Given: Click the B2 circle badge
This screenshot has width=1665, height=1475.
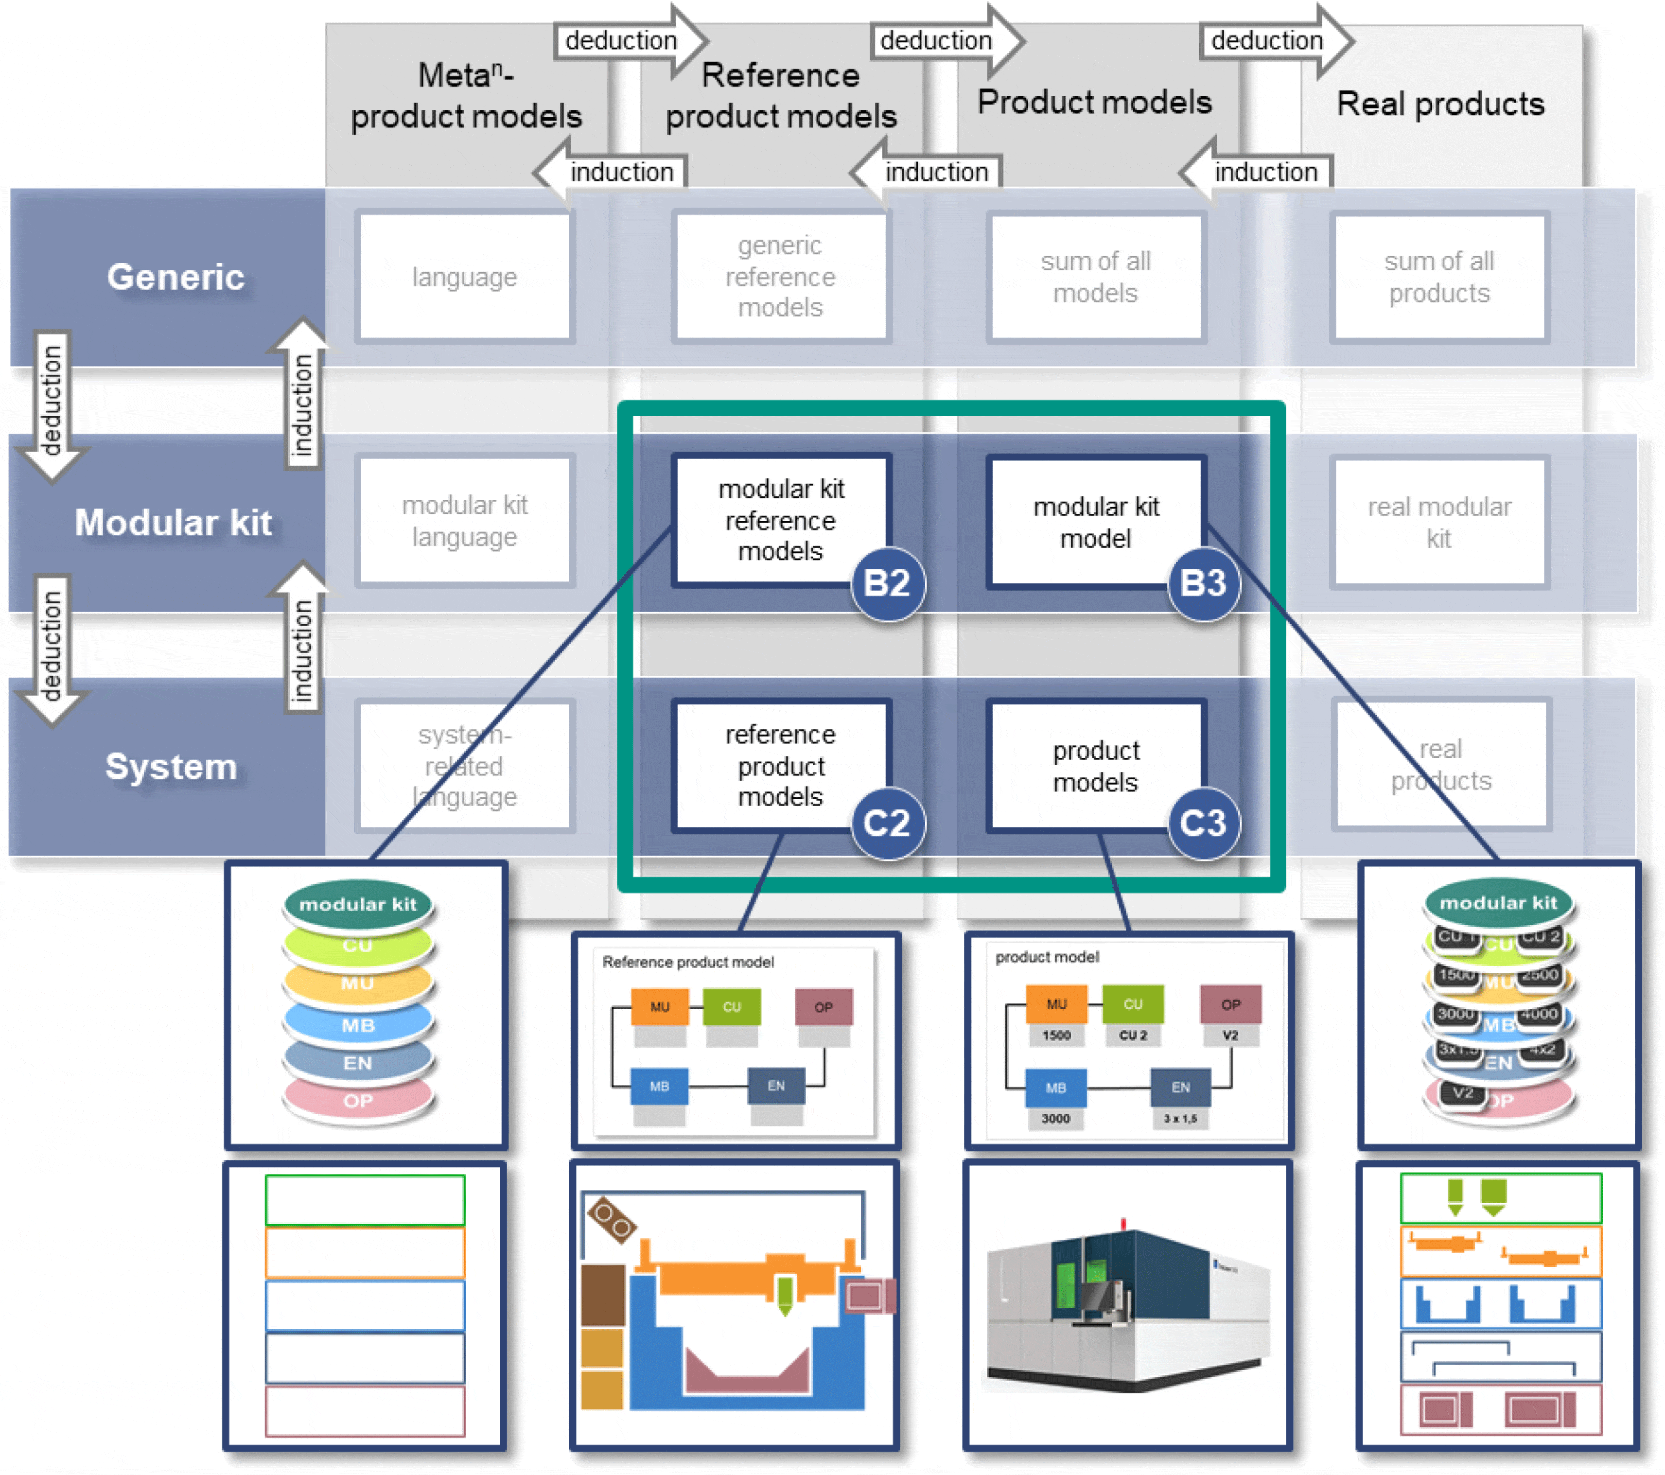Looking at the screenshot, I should pos(887,583).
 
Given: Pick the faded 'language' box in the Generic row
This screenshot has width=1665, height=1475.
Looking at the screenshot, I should pos(464,277).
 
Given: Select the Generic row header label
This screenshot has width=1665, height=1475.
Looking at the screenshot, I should pos(175,277).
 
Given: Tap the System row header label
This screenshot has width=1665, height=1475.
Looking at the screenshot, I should pos(171,766).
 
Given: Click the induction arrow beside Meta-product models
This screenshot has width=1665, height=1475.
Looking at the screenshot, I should pos(611,172).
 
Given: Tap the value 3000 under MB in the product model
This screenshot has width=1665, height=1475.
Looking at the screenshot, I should pos(1056,1118).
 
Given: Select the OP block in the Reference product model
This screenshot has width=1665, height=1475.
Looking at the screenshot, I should pos(824,1007).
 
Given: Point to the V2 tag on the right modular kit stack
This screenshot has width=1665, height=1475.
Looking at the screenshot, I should pos(1462,1092).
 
